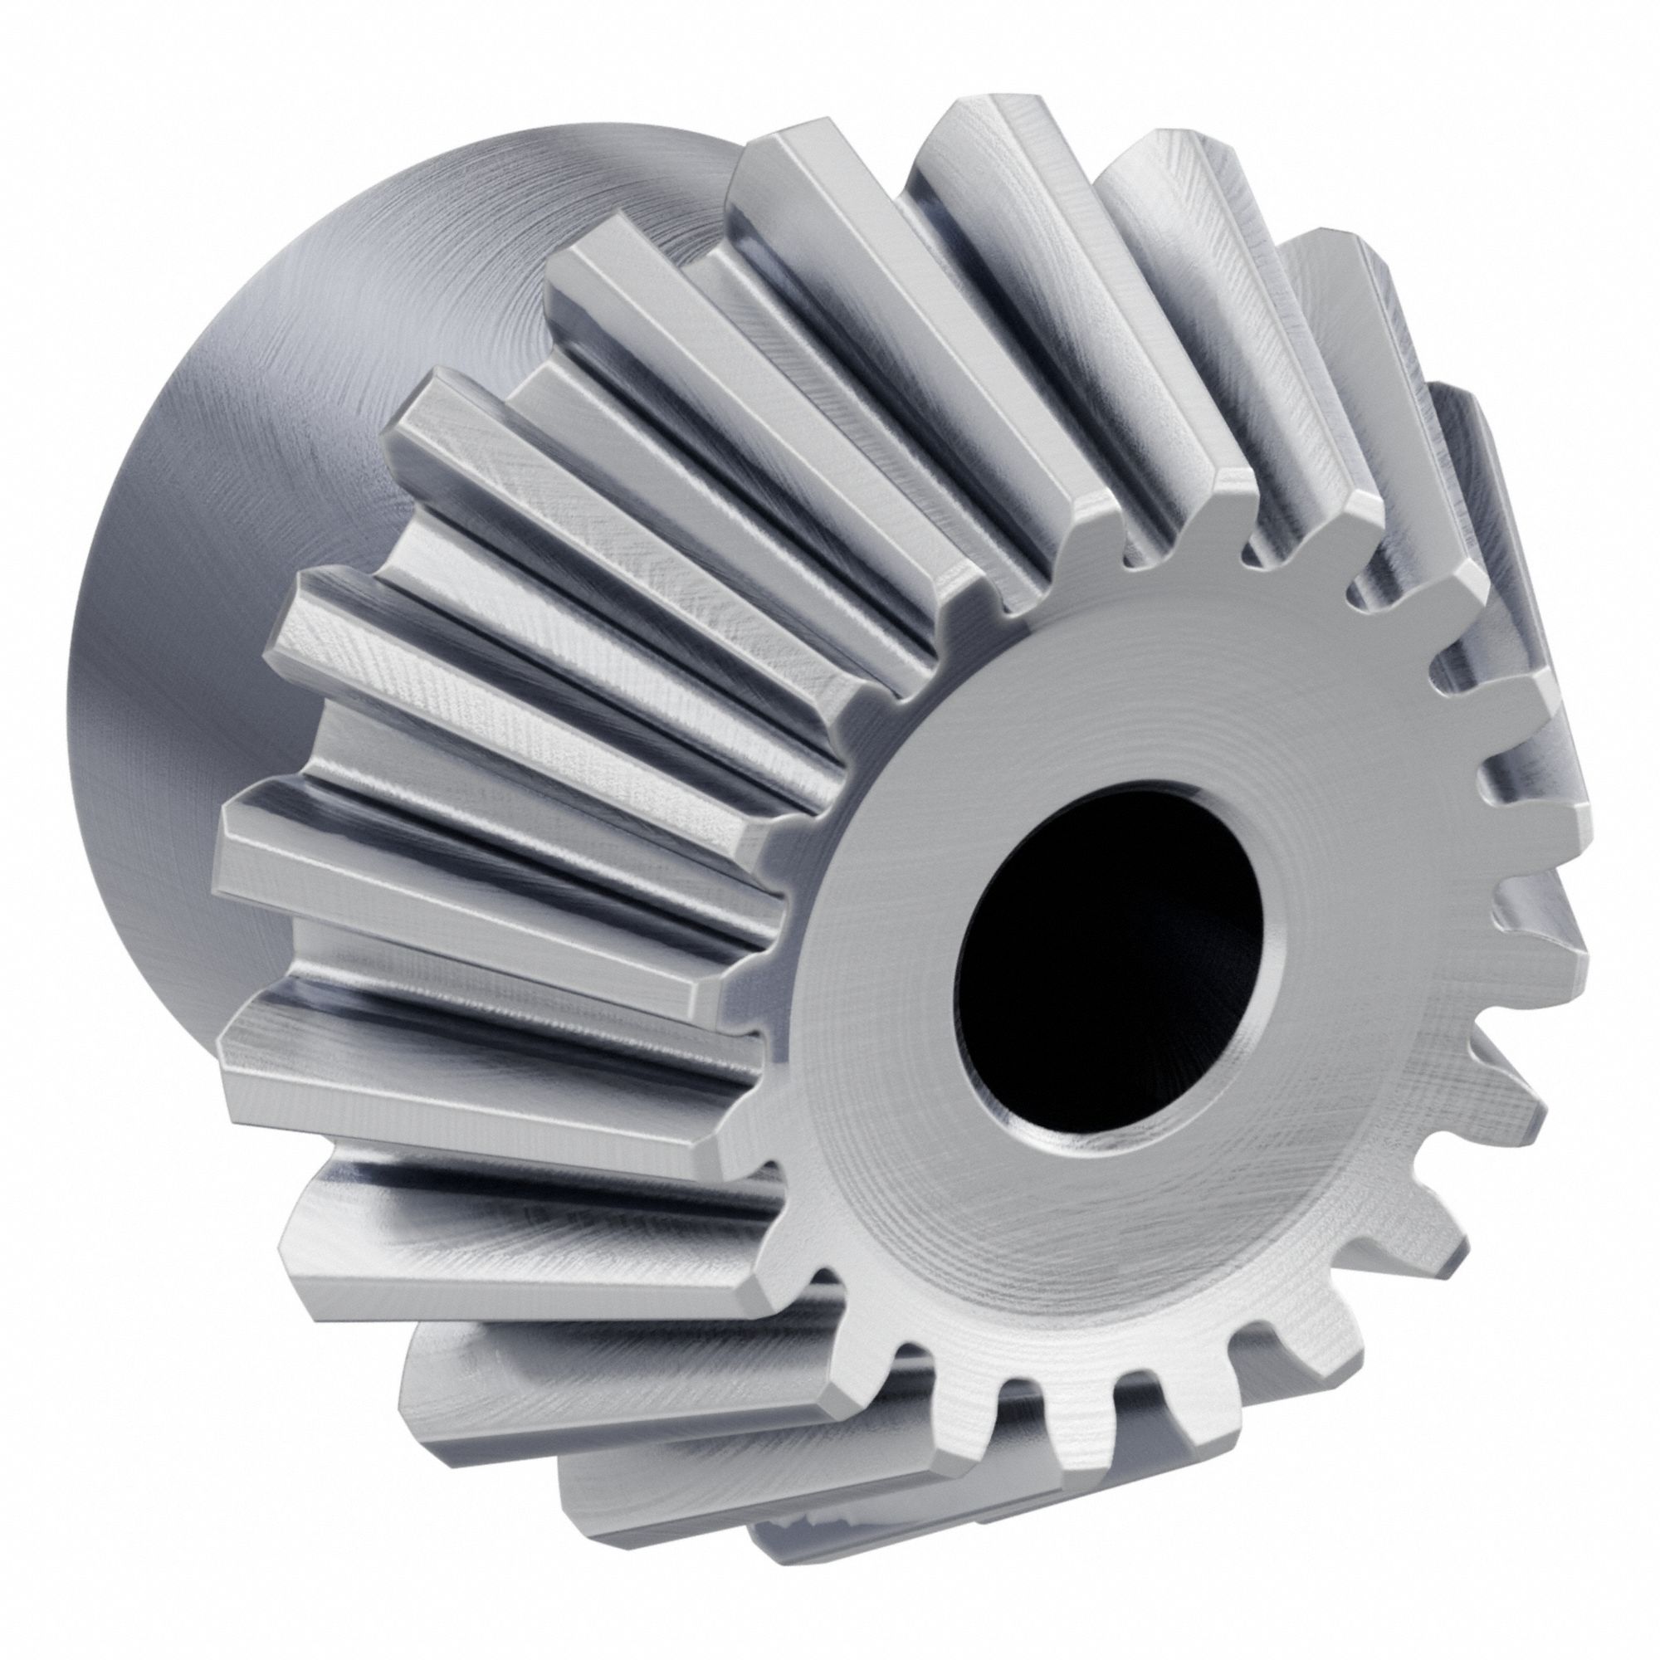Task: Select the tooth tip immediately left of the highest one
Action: click(774, 172)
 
